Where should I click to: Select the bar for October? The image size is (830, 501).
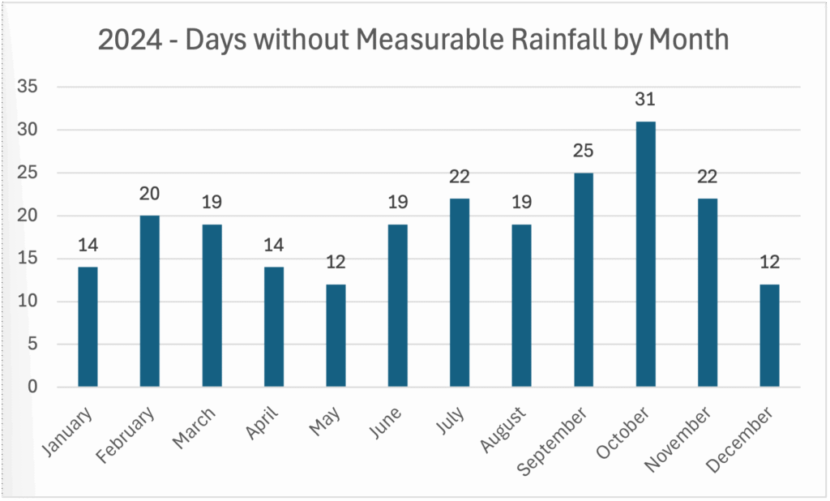coord(645,255)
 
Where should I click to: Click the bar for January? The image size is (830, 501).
coord(88,327)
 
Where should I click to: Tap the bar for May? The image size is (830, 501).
coord(336,336)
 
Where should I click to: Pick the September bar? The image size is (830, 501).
coord(584,280)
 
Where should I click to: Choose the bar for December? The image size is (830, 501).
coord(769,336)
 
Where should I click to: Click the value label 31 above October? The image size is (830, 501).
coord(645,100)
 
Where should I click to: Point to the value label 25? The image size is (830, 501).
coord(584,152)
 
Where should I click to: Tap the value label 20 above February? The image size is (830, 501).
coord(150,195)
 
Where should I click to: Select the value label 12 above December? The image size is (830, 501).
coord(769,263)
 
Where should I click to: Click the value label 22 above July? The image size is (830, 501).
coord(460,178)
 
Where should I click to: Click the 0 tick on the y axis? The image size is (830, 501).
coord(33,388)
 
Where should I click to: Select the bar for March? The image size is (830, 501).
coord(212,306)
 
